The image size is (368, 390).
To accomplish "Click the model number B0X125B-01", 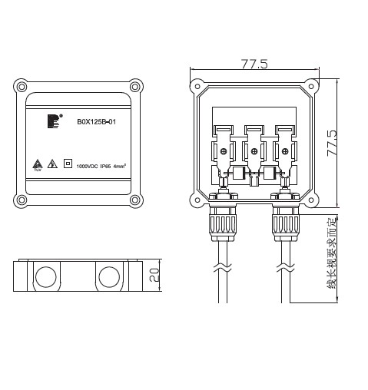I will (96, 121).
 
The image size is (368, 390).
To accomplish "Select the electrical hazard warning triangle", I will (51, 164).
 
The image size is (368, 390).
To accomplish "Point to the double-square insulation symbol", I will (68, 164).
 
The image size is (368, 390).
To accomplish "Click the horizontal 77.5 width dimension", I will (254, 64).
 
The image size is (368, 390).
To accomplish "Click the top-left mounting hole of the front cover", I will (21, 86).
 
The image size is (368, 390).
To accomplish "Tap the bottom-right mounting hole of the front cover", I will (136, 200).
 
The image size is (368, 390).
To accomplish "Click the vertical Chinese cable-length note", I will (332, 256).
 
